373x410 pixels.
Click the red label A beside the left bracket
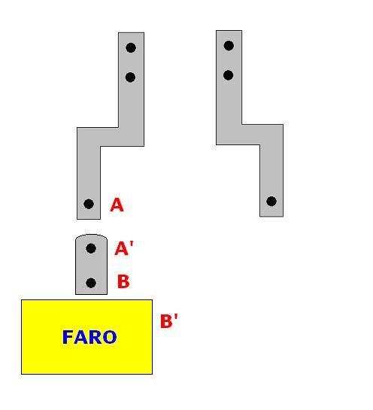click(x=117, y=205)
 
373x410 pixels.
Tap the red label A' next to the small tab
click(x=124, y=248)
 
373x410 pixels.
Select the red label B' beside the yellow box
click(x=169, y=320)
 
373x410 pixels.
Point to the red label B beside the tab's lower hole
click(x=123, y=281)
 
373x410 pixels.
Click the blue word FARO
click(x=89, y=337)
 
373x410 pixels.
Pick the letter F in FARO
click(x=68, y=337)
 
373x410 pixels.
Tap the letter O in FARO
click(x=110, y=337)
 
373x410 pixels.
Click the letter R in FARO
click(x=96, y=337)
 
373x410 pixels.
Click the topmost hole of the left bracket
click(x=131, y=48)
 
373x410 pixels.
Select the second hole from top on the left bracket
click(x=130, y=77)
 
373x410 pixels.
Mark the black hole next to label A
click(x=89, y=204)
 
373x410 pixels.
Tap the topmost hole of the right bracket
click(x=229, y=46)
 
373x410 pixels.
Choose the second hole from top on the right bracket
click(x=228, y=75)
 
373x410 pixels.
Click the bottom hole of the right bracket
click(x=271, y=202)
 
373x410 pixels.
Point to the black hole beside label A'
click(x=91, y=248)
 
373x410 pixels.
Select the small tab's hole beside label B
click(x=91, y=283)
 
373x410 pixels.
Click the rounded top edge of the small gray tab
click(x=91, y=235)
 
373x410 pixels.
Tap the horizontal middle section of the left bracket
click(x=111, y=137)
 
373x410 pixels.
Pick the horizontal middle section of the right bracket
click(x=250, y=135)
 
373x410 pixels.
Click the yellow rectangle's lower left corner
click(x=22, y=374)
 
